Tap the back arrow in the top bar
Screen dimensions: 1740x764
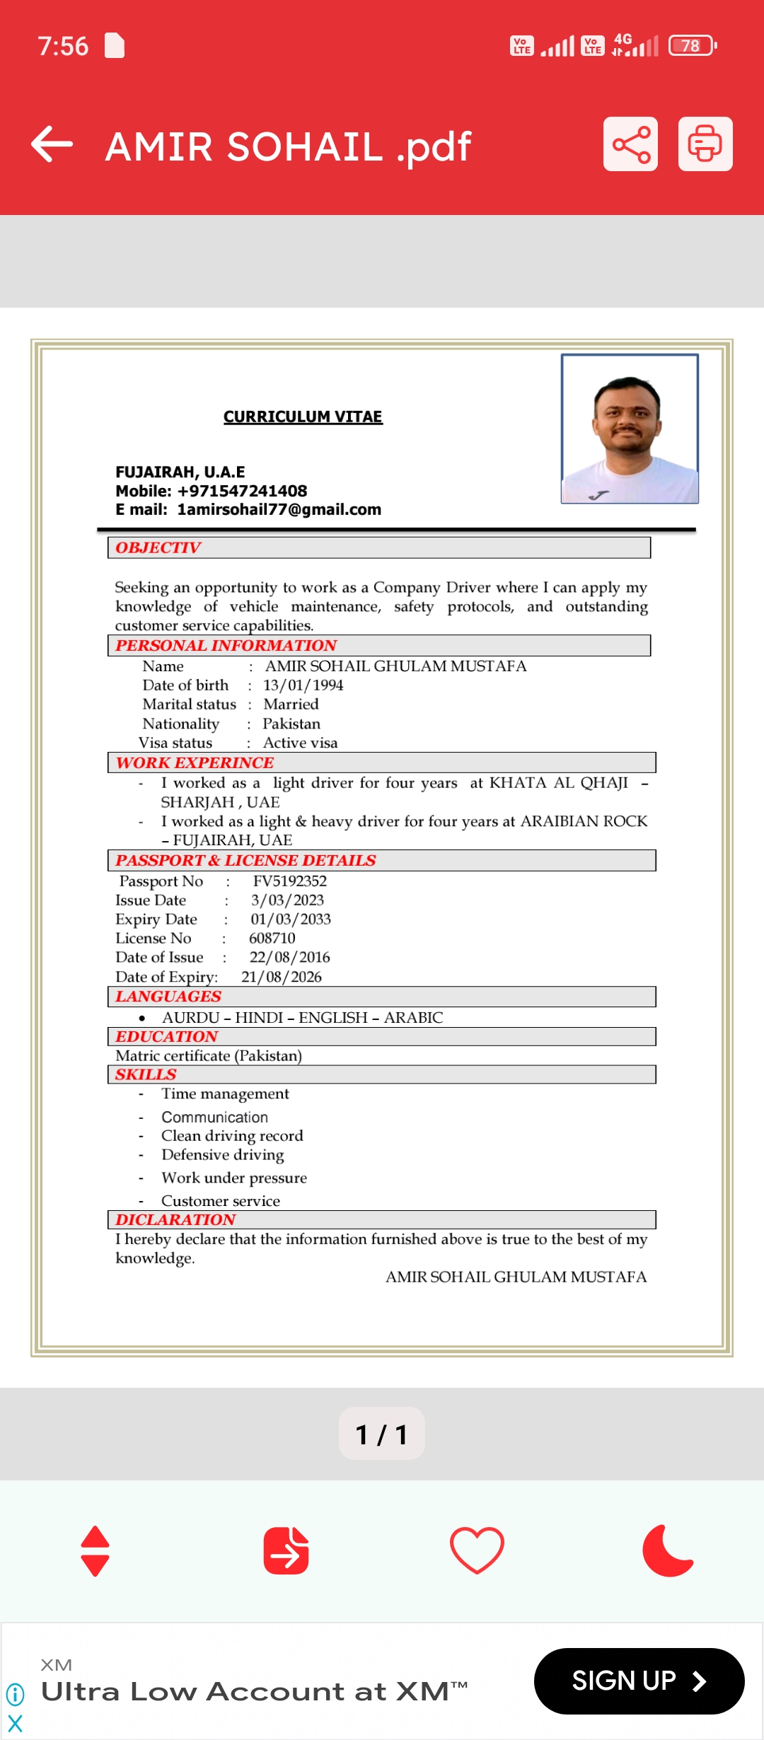[52, 144]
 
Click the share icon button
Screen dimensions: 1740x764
[630, 144]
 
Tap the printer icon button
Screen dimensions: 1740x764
[705, 144]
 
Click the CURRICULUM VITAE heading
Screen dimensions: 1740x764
[303, 417]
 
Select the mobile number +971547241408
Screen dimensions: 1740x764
[242, 491]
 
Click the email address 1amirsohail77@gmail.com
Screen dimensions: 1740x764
[279, 510]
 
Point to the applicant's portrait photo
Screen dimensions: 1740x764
[630, 429]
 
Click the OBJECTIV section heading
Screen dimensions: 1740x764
[158, 547]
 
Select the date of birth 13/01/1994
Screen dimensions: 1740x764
[303, 685]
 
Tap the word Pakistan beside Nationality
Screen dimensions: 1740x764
[291, 724]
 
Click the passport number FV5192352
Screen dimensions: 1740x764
[290, 881]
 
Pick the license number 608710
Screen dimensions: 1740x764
[272, 939]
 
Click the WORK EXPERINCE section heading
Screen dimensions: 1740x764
[195, 762]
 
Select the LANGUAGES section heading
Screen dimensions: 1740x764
[168, 997]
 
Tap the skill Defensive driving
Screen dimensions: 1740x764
[223, 1155]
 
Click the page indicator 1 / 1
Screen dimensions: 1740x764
[382, 1434]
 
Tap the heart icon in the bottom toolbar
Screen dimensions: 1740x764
[477, 1550]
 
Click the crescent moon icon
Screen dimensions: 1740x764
[667, 1550]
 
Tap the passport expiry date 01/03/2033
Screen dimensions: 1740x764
[291, 920]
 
